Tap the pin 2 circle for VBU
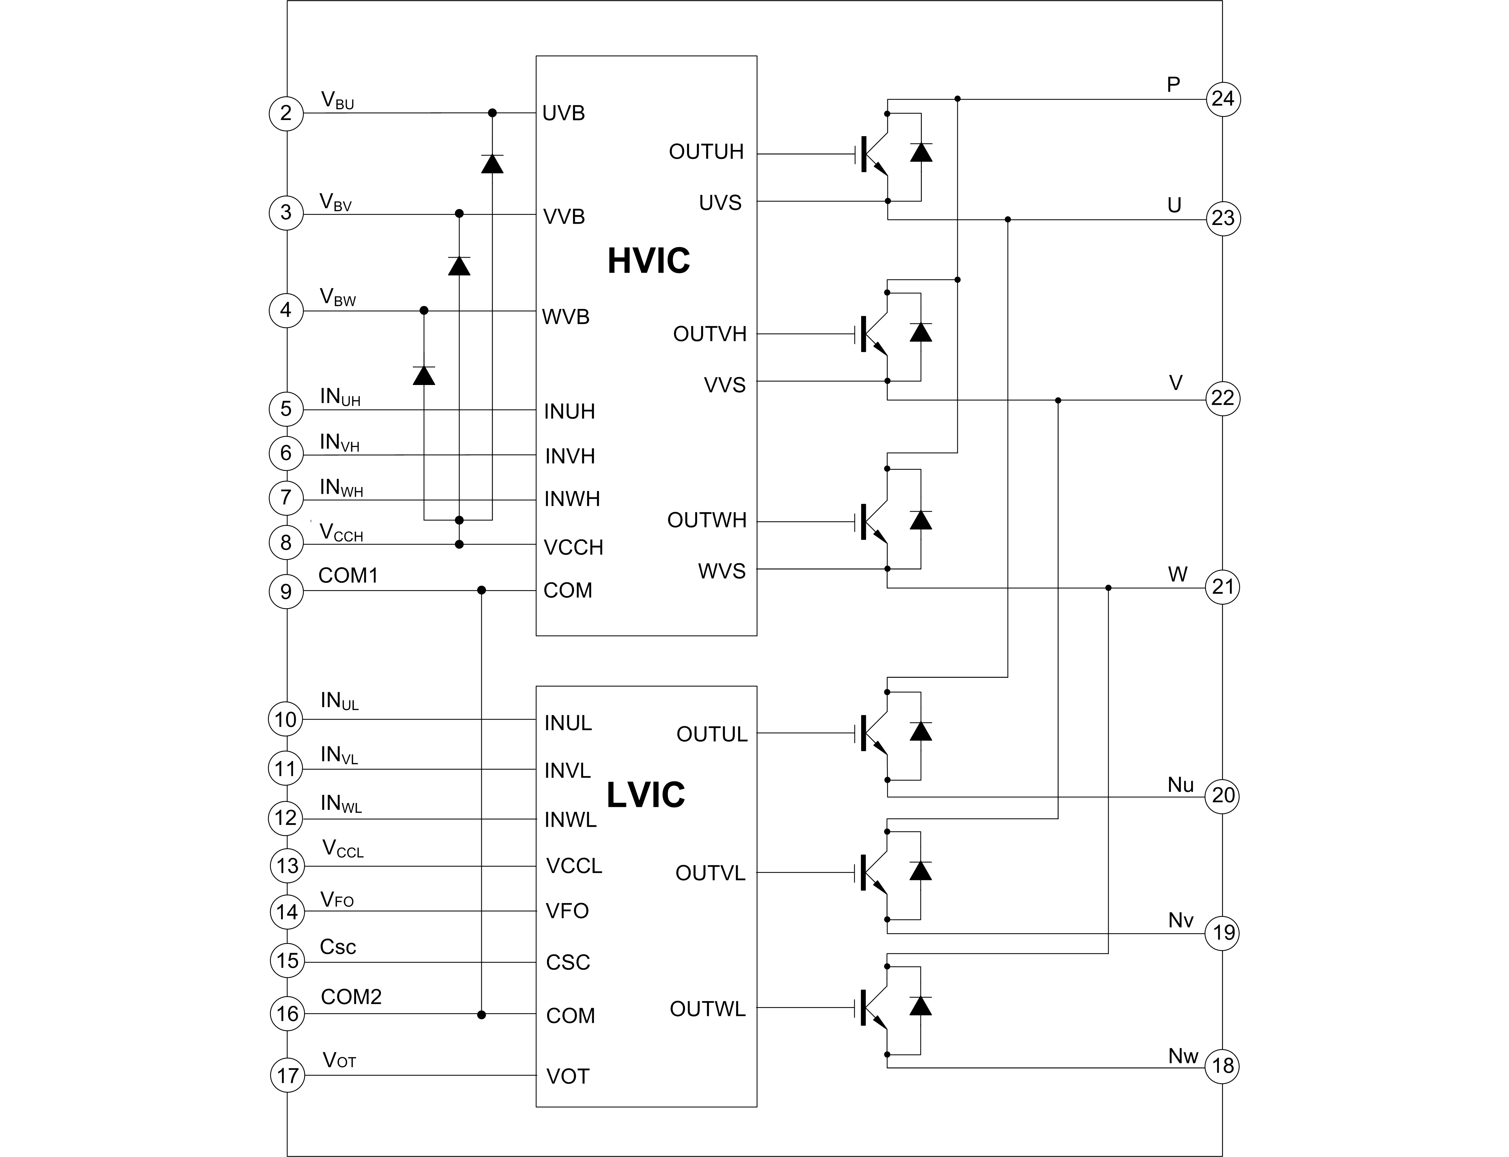[286, 113]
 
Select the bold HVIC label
[648, 260]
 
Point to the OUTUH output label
[706, 152]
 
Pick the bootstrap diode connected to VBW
[424, 375]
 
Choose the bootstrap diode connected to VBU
[492, 164]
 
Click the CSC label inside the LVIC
[567, 962]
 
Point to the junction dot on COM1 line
[482, 590]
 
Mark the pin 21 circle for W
[1223, 587]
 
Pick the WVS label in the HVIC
[721, 571]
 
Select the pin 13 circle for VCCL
[287, 866]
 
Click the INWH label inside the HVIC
[572, 499]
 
